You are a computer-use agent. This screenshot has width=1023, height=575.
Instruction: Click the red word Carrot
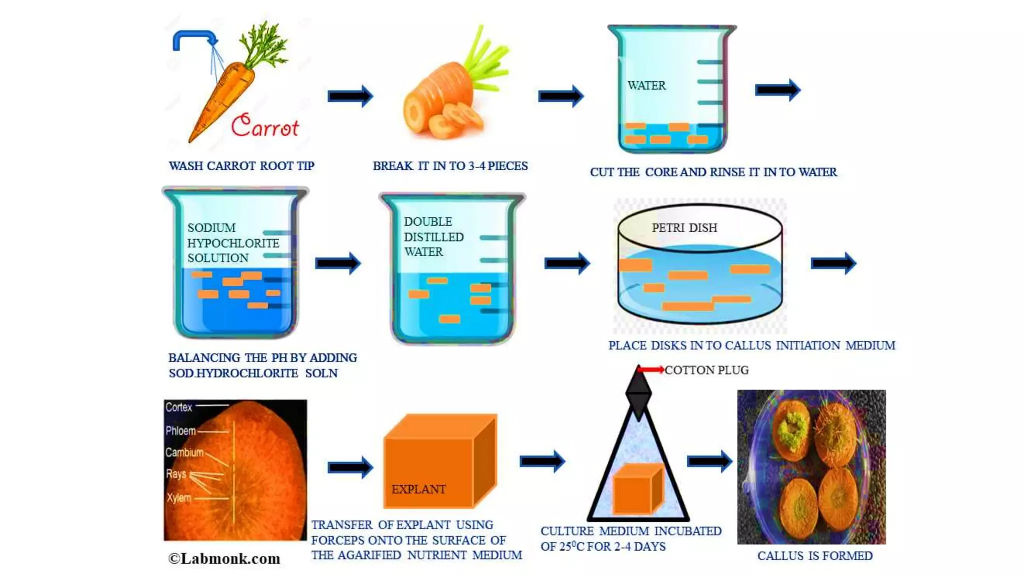(265, 125)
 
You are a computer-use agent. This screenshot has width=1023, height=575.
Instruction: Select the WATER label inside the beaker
(646, 85)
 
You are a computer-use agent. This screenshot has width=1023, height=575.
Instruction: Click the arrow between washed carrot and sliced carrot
(350, 96)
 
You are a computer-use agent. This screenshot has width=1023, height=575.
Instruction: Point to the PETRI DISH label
(684, 228)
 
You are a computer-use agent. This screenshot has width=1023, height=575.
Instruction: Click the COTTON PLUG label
(706, 370)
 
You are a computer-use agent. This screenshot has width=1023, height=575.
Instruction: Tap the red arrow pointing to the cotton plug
(651, 370)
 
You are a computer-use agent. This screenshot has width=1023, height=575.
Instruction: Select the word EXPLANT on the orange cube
(418, 489)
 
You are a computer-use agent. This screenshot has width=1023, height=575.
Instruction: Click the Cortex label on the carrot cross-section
(179, 407)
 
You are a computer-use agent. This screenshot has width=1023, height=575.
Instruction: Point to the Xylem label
(179, 498)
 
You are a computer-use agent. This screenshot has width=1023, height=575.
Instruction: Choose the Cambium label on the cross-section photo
(184, 452)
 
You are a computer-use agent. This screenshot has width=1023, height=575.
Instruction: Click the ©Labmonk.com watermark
(224, 559)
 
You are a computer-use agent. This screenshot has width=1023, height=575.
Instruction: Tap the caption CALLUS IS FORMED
(815, 556)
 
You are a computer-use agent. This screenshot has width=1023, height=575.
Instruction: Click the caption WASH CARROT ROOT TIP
(241, 166)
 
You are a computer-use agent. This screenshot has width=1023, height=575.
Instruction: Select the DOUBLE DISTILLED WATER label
(433, 237)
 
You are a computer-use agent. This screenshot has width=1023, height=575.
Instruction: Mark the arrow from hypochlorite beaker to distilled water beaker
(338, 263)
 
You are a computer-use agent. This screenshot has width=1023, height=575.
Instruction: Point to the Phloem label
(180, 430)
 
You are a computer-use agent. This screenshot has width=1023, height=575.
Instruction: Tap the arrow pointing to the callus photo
(709, 461)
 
